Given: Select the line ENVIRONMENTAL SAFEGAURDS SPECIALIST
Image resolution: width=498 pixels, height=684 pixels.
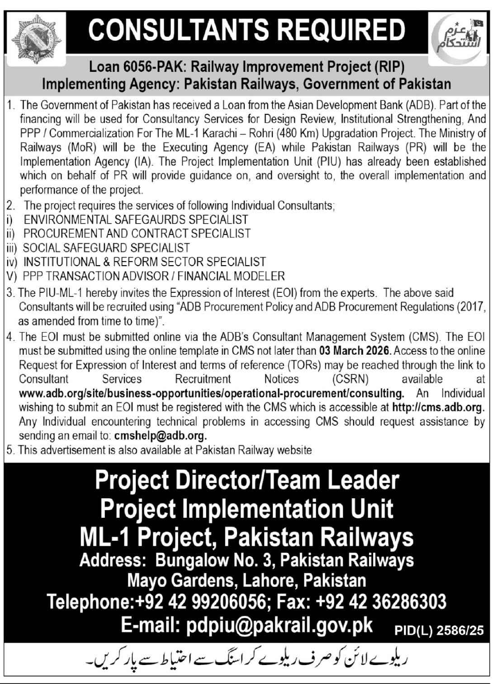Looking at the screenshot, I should [136, 220].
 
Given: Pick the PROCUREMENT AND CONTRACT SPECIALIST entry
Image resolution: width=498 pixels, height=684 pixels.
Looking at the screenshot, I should [137, 234].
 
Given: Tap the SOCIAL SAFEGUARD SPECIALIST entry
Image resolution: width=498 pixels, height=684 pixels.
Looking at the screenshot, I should [106, 248].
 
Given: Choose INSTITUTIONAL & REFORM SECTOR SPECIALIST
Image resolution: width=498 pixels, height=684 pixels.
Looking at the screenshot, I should [144, 262].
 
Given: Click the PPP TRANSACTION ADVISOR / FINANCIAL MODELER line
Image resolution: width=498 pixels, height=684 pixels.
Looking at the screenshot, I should [154, 276].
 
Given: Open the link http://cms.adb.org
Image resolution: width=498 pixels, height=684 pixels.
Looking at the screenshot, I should [438, 407].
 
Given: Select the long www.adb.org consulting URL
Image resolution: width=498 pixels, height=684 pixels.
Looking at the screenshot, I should [211, 393].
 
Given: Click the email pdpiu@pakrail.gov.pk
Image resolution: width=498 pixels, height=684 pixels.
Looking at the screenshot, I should [273, 626].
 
